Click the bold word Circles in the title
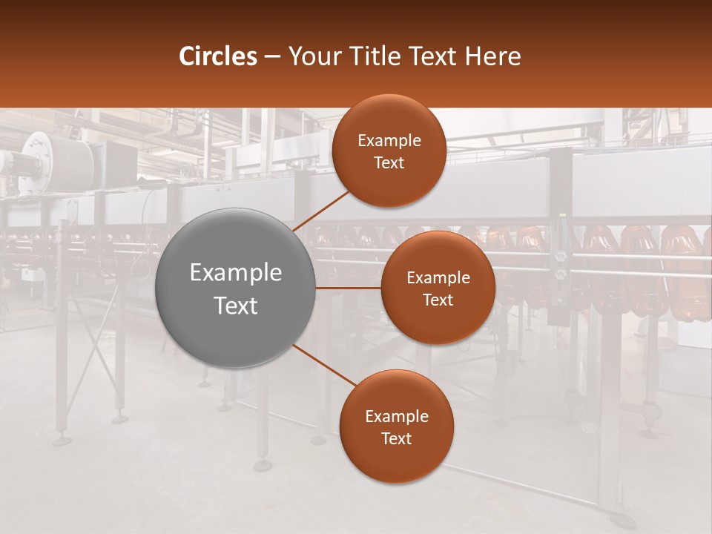point(217,56)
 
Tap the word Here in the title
point(494,56)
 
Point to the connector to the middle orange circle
point(348,288)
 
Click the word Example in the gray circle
point(236,273)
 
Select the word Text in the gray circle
point(236,306)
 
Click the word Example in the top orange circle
point(389,141)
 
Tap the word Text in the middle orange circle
point(438,300)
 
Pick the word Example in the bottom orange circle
point(397,417)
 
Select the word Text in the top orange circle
point(389,163)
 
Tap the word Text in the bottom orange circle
point(396,439)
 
